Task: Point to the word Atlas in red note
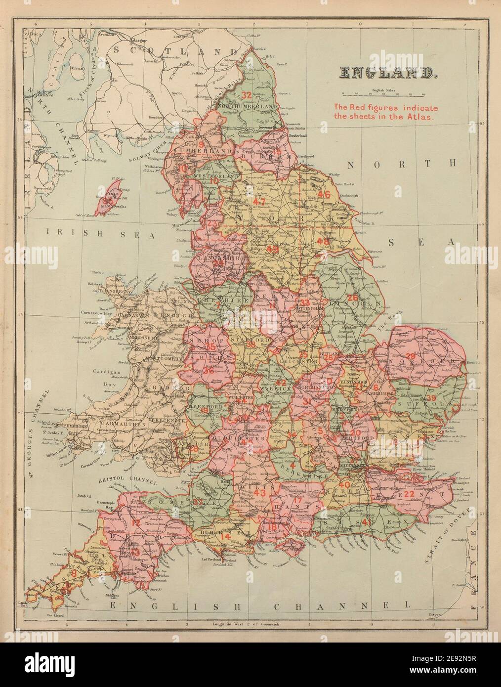(x=421, y=118)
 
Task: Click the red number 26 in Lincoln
(x=352, y=298)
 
